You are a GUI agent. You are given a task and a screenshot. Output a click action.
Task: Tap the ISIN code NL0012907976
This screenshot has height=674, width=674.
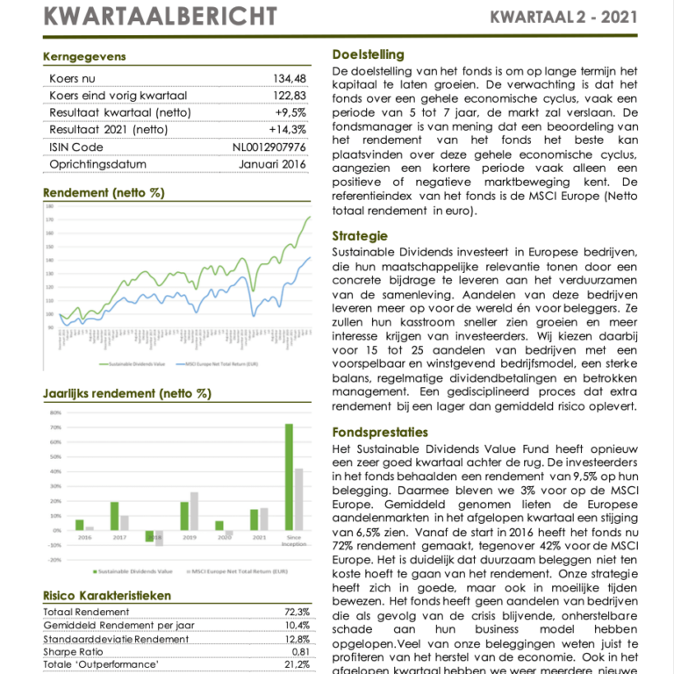click(269, 147)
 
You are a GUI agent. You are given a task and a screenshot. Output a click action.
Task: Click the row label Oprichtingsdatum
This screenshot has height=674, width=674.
click(98, 164)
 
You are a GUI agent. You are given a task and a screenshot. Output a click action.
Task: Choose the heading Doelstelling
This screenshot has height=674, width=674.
click(369, 54)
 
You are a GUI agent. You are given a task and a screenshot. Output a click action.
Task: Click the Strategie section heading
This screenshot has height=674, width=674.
click(360, 236)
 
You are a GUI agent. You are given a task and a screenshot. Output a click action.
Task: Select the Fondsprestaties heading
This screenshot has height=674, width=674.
click(380, 433)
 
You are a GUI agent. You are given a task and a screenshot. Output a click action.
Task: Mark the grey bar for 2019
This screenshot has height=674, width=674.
click(193, 511)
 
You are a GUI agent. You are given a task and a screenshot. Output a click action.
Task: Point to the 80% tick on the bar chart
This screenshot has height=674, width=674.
click(54, 412)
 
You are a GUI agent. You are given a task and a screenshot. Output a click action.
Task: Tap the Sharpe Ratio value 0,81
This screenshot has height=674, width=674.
click(299, 652)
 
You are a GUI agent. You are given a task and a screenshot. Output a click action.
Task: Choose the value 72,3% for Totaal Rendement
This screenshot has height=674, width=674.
click(297, 612)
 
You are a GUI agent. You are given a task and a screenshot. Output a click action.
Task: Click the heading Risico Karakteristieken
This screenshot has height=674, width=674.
click(107, 596)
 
